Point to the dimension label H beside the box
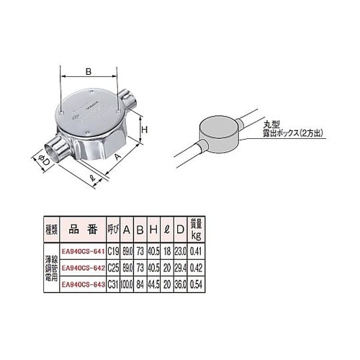pos(144,130)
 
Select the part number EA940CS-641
pos(84,253)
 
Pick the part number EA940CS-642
pos(84,268)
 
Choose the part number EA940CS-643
pos(84,284)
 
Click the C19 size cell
pos(113,253)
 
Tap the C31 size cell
pos(113,284)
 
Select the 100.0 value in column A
pos(127,284)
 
